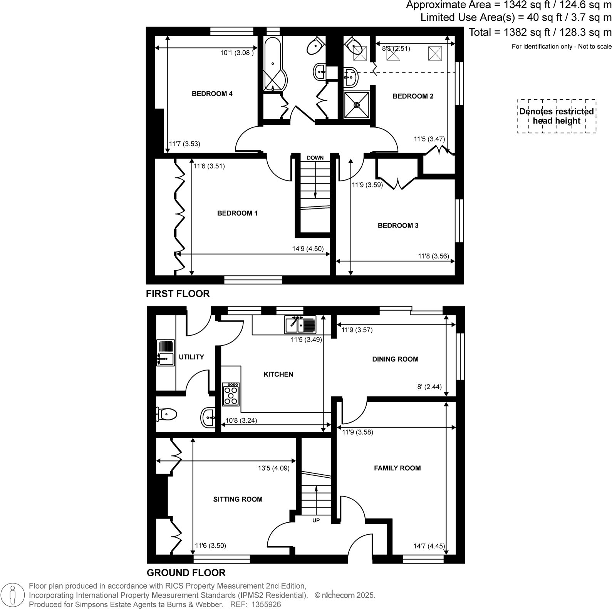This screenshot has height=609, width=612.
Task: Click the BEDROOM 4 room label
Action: [212, 94]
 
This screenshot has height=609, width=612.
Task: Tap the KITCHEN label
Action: [278, 374]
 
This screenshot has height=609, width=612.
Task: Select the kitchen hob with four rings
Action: [231, 394]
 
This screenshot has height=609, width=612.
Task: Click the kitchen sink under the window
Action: [300, 325]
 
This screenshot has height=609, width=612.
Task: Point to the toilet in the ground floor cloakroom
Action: [166, 415]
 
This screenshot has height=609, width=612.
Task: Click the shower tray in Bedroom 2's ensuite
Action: [357, 104]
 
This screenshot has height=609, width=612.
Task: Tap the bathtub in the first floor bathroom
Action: [273, 64]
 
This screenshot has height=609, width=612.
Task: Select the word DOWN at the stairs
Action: [315, 158]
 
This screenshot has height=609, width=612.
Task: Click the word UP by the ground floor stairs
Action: [316, 520]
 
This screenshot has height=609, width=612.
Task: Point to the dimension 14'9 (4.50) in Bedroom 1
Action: [308, 249]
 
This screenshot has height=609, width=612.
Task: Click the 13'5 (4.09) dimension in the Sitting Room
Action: [273, 468]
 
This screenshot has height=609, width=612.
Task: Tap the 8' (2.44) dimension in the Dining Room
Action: [429, 387]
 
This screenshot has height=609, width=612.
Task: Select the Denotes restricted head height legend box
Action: [557, 116]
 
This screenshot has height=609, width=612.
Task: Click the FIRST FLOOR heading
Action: [178, 294]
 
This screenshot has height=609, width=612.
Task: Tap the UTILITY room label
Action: [191, 357]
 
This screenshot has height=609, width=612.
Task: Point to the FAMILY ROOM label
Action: [397, 468]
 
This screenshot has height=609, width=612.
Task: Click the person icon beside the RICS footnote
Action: [13, 595]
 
